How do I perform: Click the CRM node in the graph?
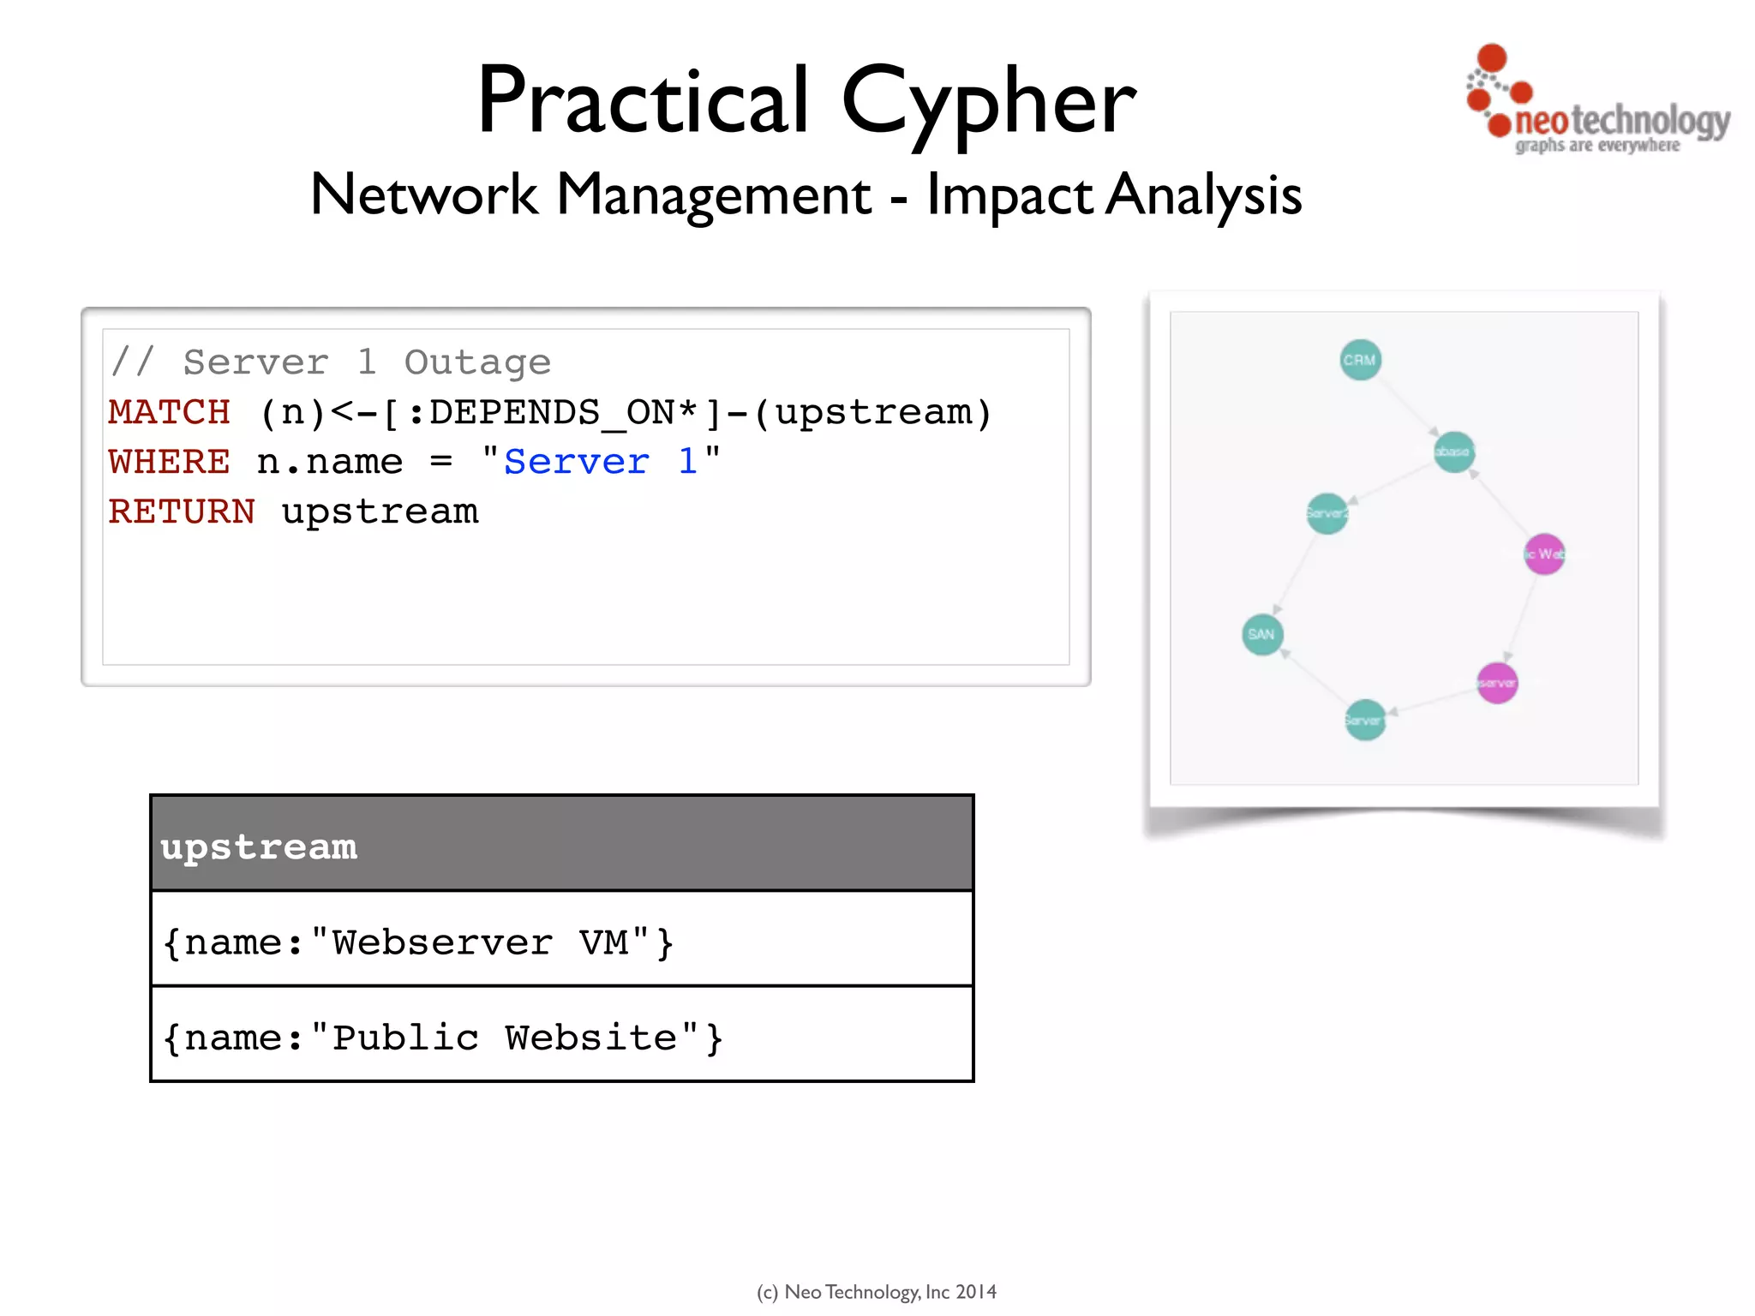pyautogui.click(x=1360, y=360)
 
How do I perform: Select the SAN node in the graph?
pyautogui.click(x=1261, y=635)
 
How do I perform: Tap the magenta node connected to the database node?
pyautogui.click(x=1544, y=554)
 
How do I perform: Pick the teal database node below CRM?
pyautogui.click(x=1453, y=452)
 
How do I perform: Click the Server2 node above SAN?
pyautogui.click(x=1327, y=513)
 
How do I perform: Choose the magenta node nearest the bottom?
pyautogui.click(x=1497, y=683)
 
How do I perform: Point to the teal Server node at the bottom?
pyautogui.click(x=1364, y=720)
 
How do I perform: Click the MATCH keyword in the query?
pyautogui.click(x=169, y=412)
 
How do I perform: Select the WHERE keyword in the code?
pyautogui.click(x=169, y=462)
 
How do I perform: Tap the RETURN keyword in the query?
pyautogui.click(x=182, y=511)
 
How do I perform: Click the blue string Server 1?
pyautogui.click(x=600, y=462)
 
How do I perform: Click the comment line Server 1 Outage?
pyautogui.click(x=331, y=362)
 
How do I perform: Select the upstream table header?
pyautogui.click(x=562, y=845)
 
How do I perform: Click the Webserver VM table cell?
pyautogui.click(x=562, y=941)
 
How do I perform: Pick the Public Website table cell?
pyautogui.click(x=562, y=1036)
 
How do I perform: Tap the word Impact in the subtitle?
pyautogui.click(x=1009, y=195)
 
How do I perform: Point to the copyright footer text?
pyautogui.click(x=876, y=1291)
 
